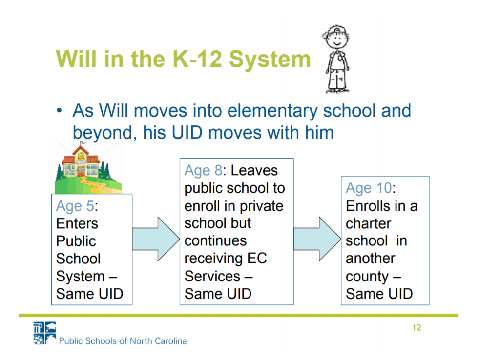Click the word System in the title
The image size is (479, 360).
coord(270,59)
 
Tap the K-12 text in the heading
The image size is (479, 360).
coord(197,59)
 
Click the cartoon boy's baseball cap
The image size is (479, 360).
coord(336,31)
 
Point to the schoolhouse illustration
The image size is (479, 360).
coord(88,167)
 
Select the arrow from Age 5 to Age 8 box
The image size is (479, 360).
coord(156,239)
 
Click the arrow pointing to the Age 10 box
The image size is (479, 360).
coord(317,239)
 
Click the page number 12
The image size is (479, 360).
coord(417,328)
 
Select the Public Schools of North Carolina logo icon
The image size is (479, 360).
coord(44,333)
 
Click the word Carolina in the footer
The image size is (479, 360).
coord(170,341)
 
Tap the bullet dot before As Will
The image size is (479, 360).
coord(59,110)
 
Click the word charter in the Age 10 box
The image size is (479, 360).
coord(368,223)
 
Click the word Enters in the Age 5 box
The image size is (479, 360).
coord(77,223)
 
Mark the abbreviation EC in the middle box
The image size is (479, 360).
coord(257,259)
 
